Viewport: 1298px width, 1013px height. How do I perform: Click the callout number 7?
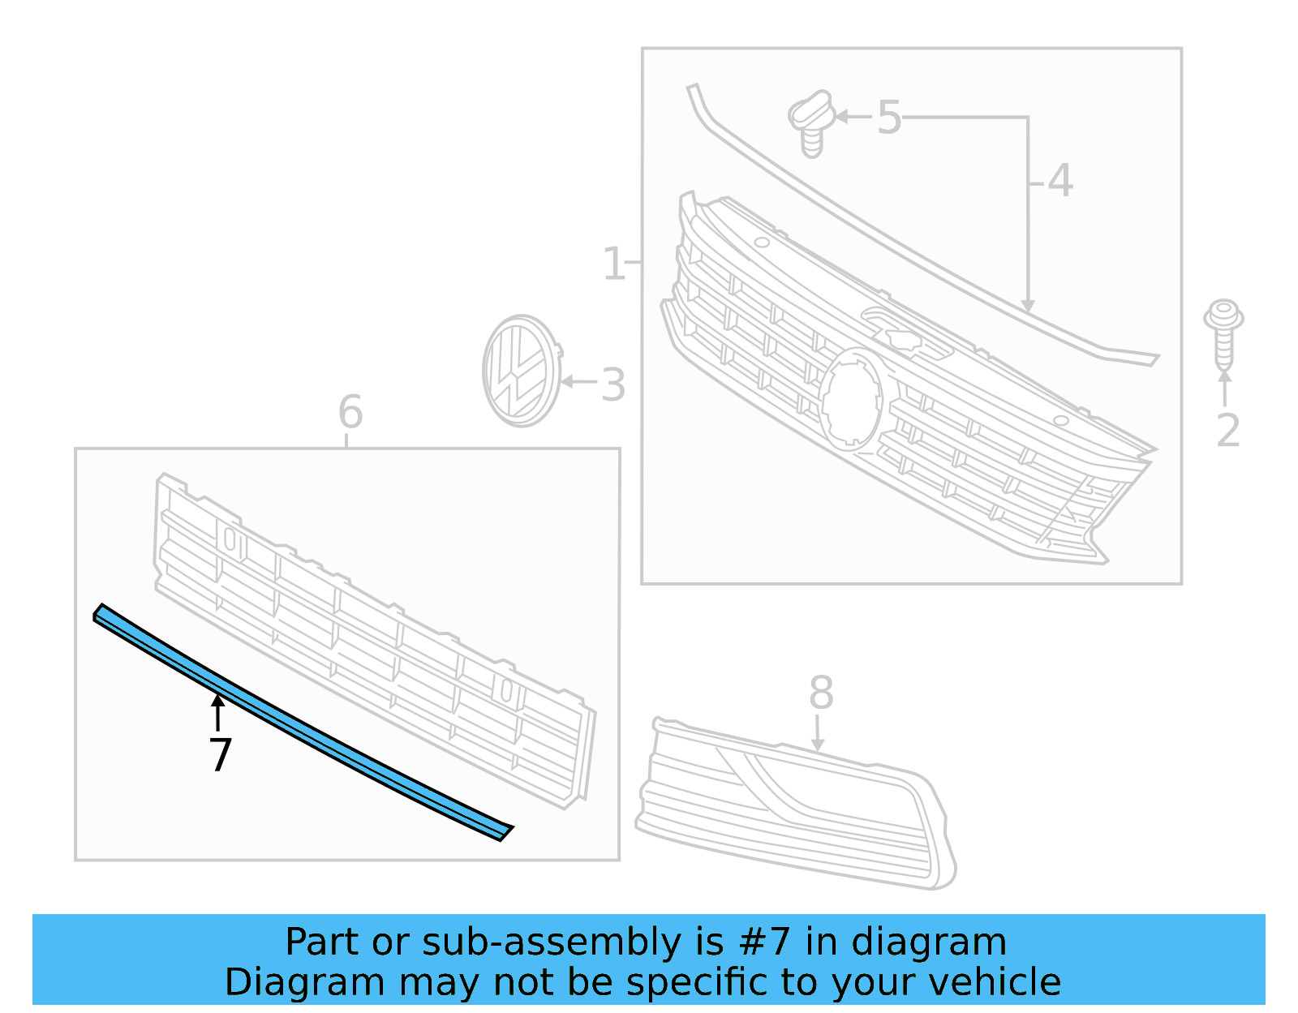(x=220, y=754)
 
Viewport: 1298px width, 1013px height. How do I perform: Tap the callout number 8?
(x=821, y=693)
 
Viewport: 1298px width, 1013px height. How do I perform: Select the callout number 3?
(x=613, y=385)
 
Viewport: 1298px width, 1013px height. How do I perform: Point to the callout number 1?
(x=613, y=264)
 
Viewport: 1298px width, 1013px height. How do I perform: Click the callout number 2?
(x=1227, y=430)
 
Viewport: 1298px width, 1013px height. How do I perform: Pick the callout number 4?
(x=1059, y=181)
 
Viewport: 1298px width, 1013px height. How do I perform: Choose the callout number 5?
(x=889, y=118)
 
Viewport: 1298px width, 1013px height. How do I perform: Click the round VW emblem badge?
(x=521, y=371)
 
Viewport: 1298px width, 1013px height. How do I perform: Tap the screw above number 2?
(x=1223, y=333)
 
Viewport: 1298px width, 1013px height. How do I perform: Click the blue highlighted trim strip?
(x=300, y=722)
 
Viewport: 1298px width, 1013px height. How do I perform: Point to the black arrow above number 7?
(x=217, y=712)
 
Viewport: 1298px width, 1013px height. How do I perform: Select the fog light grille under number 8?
(x=795, y=803)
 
